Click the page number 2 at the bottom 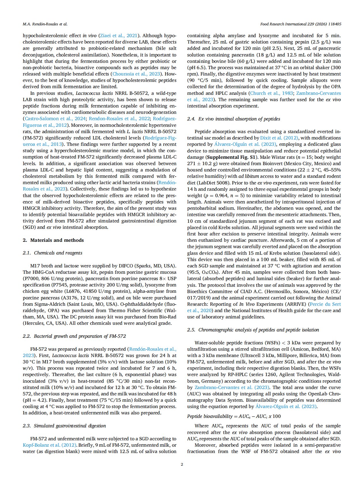coord(182,464)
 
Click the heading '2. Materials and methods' coord(53,240)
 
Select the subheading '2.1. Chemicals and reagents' coord(52,253)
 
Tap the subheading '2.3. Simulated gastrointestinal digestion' coord(64,426)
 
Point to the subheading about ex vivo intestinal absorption coord(234,119)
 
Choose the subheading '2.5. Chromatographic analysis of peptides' coord(253,330)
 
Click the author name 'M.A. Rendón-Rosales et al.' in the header coord(45,24)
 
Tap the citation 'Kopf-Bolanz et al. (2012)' coord(50,445)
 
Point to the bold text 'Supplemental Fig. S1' coord(230,157)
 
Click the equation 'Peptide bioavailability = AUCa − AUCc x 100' coord(234,416)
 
